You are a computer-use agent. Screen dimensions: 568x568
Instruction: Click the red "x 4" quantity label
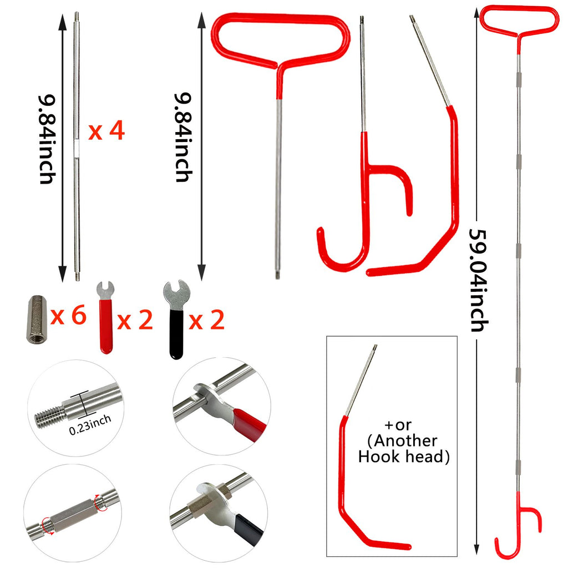pyautogui.click(x=106, y=131)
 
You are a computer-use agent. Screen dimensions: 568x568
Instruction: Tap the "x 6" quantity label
pyautogui.click(x=68, y=315)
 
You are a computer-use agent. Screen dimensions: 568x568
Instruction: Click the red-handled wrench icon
pyautogui.click(x=106, y=317)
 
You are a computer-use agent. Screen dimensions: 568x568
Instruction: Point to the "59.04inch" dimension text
pyautogui.click(x=479, y=280)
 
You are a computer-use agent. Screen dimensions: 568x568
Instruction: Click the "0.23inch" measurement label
pyautogui.click(x=90, y=424)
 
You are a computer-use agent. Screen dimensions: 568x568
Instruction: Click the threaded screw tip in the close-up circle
pyautogui.click(x=49, y=417)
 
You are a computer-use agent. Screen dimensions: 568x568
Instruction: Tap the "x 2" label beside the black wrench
pyautogui.click(x=207, y=320)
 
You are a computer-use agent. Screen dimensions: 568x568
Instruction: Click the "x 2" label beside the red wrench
pyautogui.click(x=135, y=320)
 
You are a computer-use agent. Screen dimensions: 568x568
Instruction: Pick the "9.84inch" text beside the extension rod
pyautogui.click(x=48, y=139)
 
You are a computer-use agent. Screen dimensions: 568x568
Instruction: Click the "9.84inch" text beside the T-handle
pyautogui.click(x=183, y=137)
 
